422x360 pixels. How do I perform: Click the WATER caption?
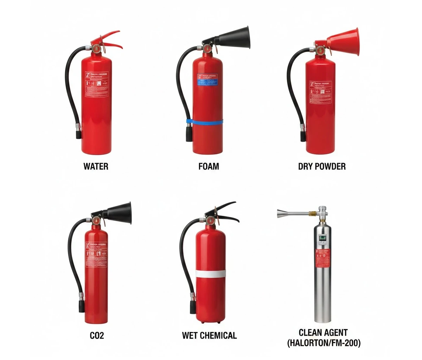coord(96,166)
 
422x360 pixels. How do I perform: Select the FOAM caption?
coord(209,166)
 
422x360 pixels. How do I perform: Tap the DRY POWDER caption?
coord(321,166)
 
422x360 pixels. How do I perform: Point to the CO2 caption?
coord(97,335)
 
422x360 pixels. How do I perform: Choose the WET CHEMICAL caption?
coord(209,335)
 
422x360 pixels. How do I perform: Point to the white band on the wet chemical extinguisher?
coord(211,274)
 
